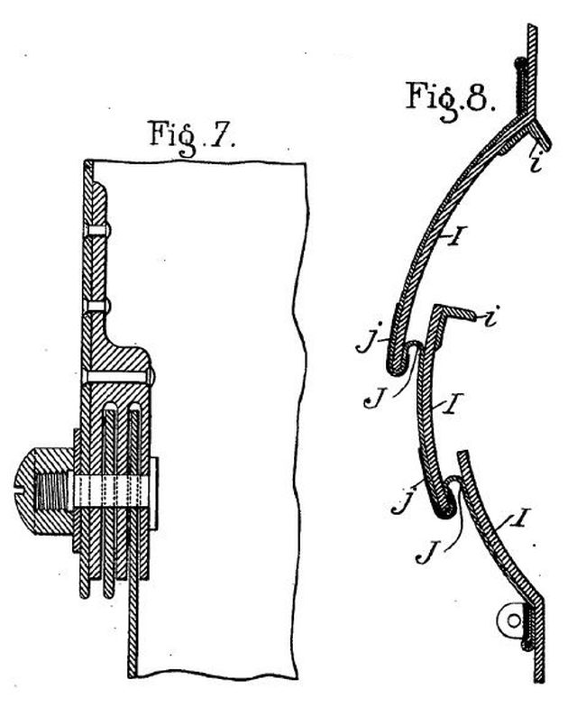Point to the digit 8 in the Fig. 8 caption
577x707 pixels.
tap(478, 96)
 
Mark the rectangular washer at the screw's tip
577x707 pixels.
tap(153, 493)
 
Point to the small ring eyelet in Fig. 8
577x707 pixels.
tap(512, 620)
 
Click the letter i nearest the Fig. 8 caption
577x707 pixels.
tap(536, 162)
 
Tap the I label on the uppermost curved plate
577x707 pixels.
tap(455, 235)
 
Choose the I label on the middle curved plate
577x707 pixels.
tap(453, 402)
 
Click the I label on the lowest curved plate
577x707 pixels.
tap(518, 518)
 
